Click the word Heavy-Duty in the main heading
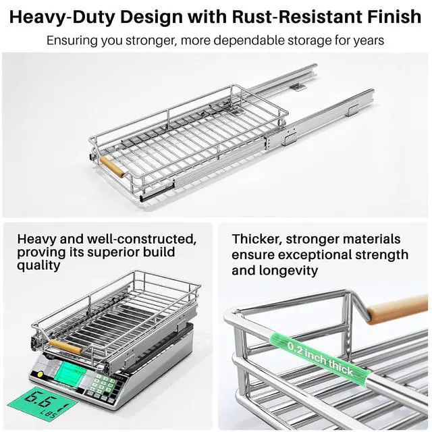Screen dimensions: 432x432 point(63,17)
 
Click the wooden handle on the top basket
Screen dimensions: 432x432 point(113,167)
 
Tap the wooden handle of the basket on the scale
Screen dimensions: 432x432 point(65,346)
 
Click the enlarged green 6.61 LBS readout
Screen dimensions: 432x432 point(42,403)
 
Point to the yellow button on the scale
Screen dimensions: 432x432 point(40,374)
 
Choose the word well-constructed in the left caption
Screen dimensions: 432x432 point(142,239)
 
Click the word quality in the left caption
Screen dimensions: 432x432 point(38,265)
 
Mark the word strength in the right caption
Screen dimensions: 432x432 point(381,255)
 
